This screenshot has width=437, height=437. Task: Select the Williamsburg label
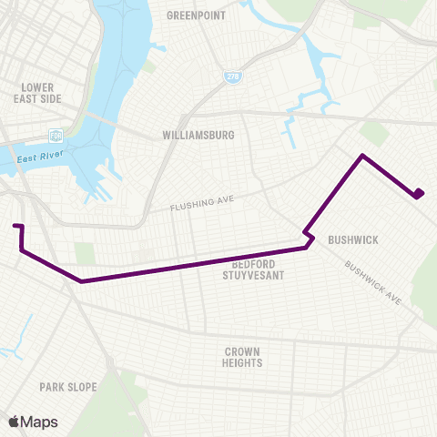coord(198,135)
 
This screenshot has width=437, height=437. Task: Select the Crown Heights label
coord(242,357)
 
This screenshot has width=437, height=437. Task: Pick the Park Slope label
coord(67,387)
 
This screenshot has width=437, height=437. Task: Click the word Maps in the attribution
coord(40,422)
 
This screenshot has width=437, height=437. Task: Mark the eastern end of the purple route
coord(419,194)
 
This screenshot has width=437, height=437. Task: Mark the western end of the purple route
coord(15,225)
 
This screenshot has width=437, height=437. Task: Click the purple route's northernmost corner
coord(363,156)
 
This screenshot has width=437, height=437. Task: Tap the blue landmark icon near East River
coord(56,136)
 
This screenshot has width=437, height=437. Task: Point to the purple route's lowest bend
coord(82,281)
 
